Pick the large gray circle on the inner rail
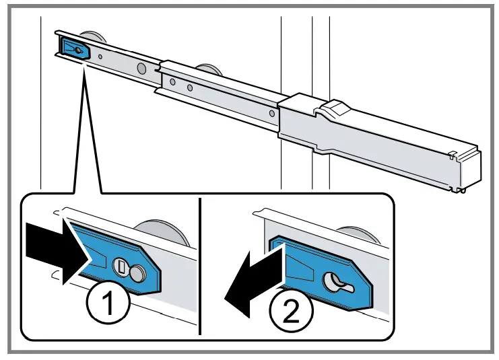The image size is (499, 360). pos(142,68)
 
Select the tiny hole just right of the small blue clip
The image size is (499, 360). pos(100,57)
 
